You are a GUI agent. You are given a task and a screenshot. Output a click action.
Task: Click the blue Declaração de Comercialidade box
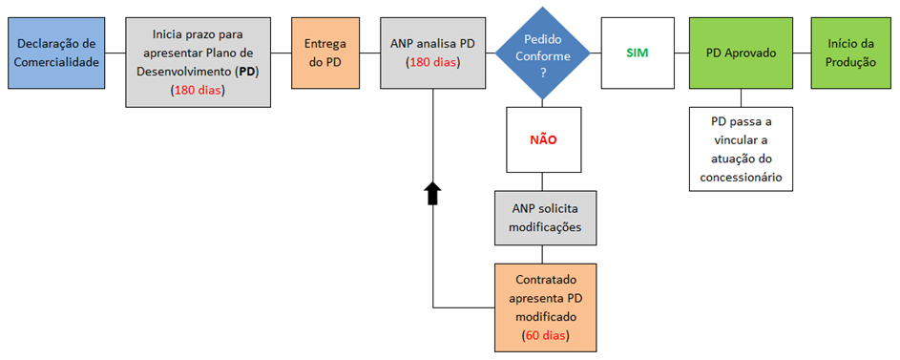click(x=56, y=53)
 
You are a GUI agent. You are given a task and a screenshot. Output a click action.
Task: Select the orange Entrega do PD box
click(x=325, y=53)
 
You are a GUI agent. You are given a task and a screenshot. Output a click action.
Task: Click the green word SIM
click(x=638, y=53)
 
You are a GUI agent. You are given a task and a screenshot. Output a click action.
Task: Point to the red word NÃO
click(x=543, y=140)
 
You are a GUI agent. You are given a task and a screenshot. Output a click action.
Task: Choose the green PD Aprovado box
click(x=741, y=53)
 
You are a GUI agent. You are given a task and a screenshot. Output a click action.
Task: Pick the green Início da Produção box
click(x=851, y=53)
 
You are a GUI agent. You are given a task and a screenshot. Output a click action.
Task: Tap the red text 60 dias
click(x=544, y=335)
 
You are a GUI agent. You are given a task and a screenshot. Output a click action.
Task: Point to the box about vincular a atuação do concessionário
click(x=741, y=149)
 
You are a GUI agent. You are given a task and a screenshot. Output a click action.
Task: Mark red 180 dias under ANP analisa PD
click(x=432, y=63)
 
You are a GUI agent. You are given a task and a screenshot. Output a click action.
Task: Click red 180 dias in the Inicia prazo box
click(x=198, y=90)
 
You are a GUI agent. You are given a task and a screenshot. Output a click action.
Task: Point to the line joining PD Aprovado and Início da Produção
click(x=802, y=53)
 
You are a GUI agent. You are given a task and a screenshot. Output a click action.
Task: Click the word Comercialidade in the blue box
click(x=56, y=63)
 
